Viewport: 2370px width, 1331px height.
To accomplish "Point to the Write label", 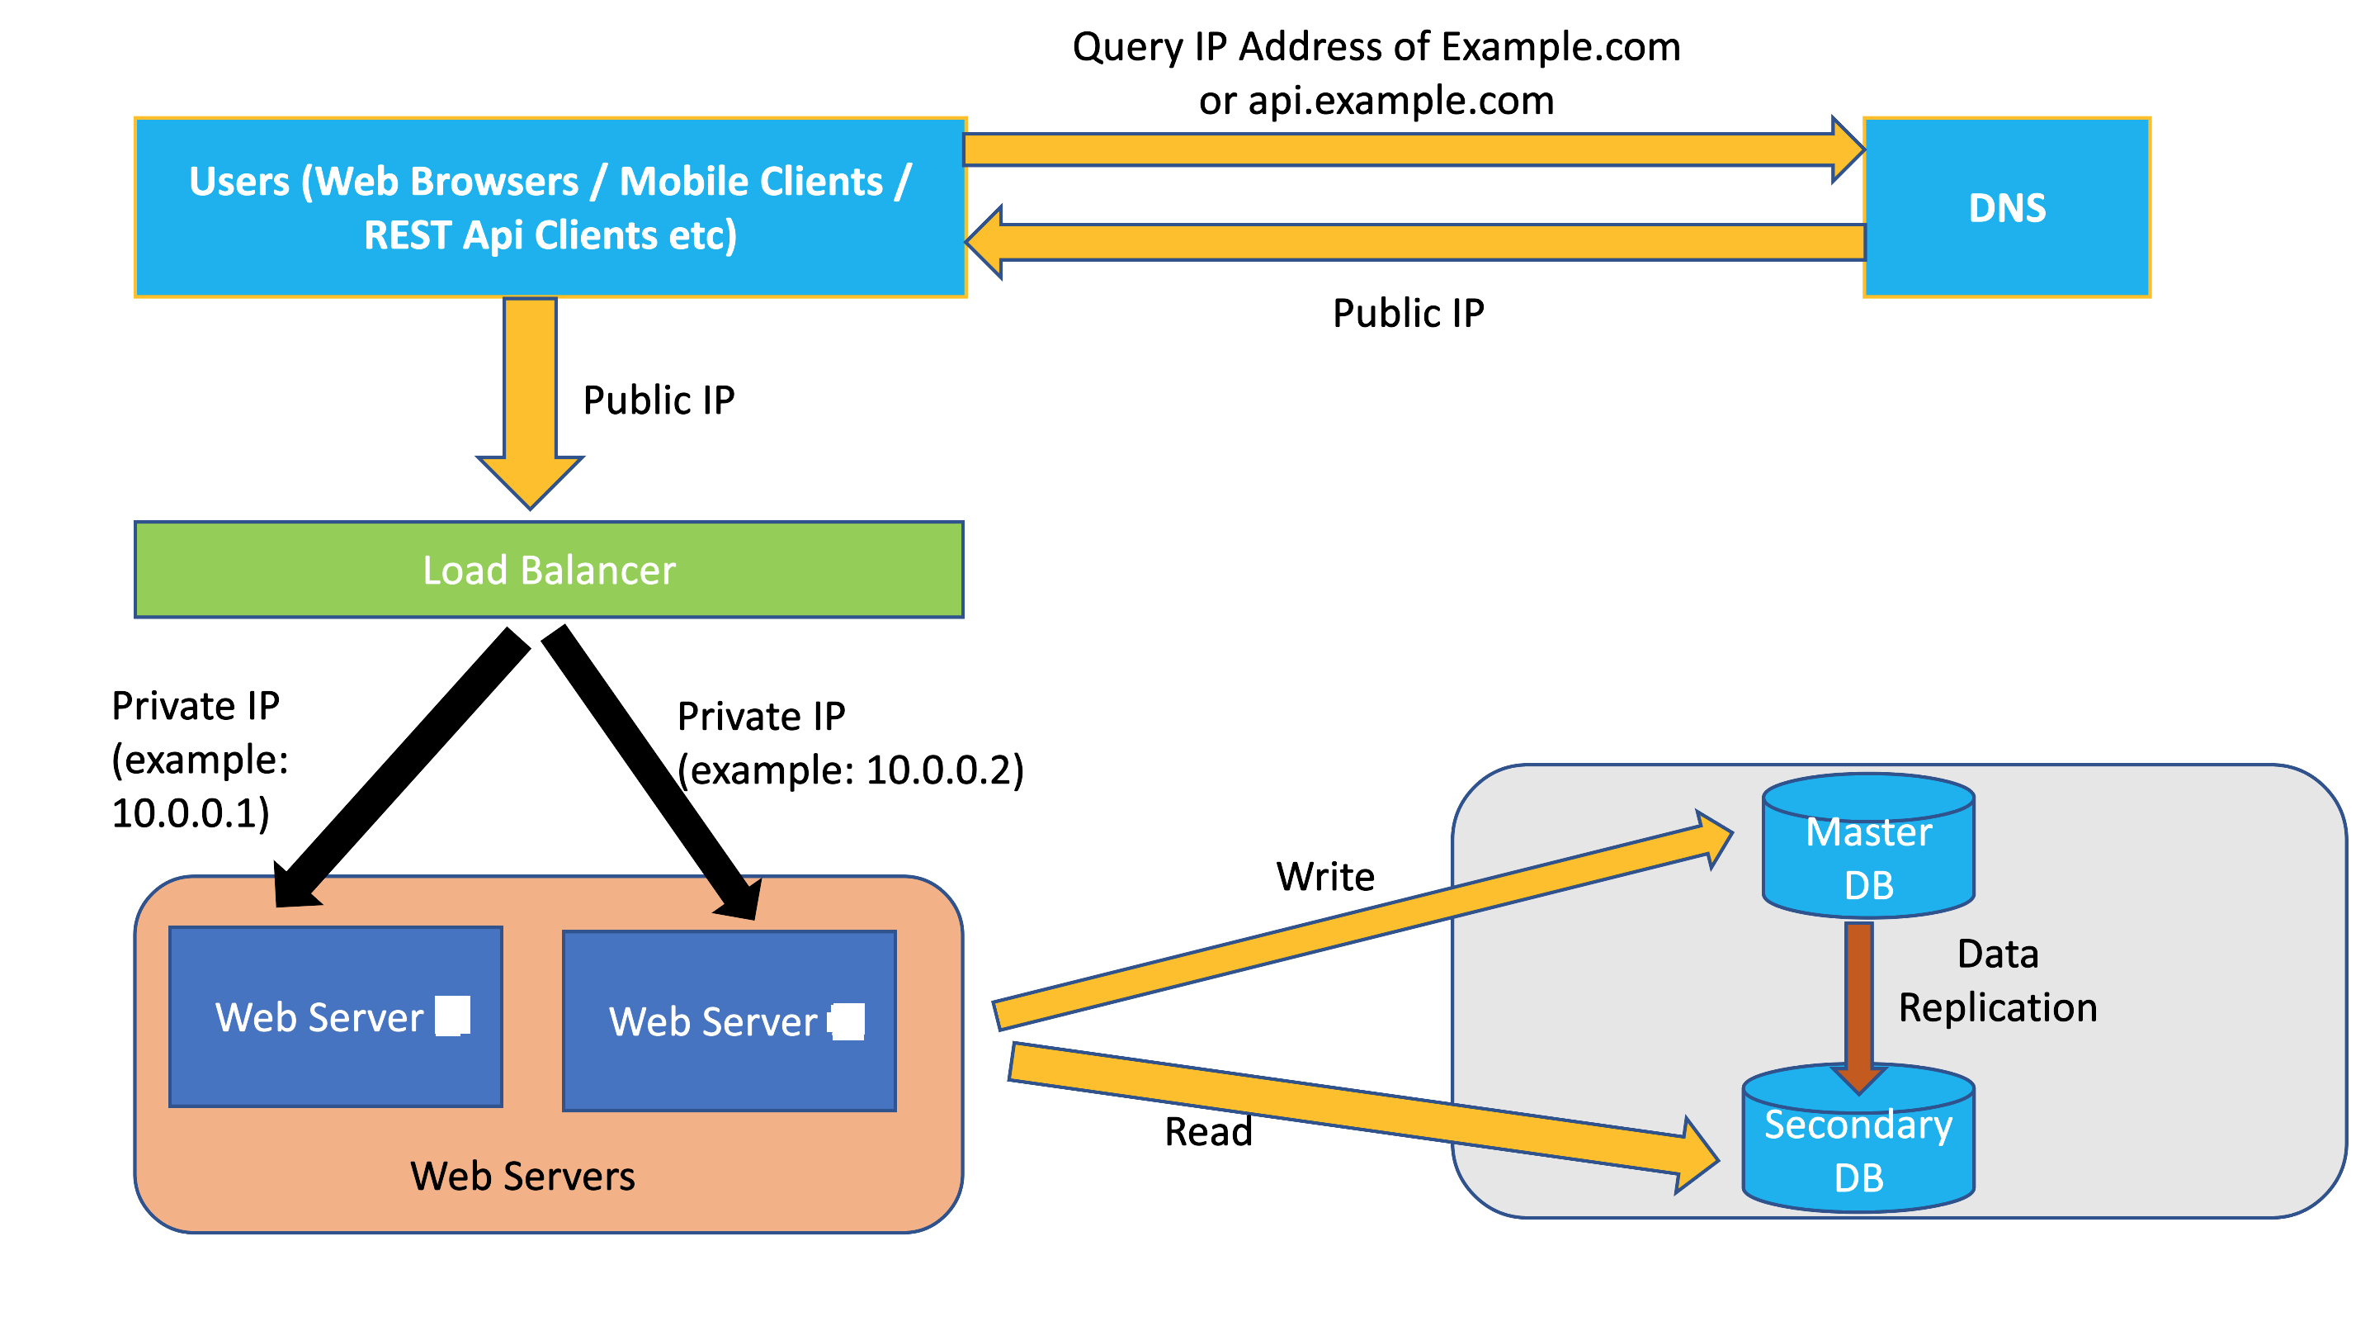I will [1324, 876].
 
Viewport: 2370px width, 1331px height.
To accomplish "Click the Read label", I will [1208, 1131].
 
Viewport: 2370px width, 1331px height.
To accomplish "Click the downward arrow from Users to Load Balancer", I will [531, 396].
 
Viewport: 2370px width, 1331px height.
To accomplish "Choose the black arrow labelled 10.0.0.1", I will [405, 764].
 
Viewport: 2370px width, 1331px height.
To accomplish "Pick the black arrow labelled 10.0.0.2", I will [654, 773].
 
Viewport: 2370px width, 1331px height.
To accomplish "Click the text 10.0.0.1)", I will [191, 812].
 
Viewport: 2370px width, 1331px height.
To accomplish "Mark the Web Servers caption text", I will [522, 1177].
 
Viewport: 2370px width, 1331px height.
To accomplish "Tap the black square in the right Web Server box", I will [847, 1021].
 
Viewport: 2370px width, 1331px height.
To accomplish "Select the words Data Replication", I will [1997, 981].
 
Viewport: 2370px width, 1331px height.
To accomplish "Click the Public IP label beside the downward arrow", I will [659, 400].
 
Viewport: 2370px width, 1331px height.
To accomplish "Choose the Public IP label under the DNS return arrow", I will [1408, 313].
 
